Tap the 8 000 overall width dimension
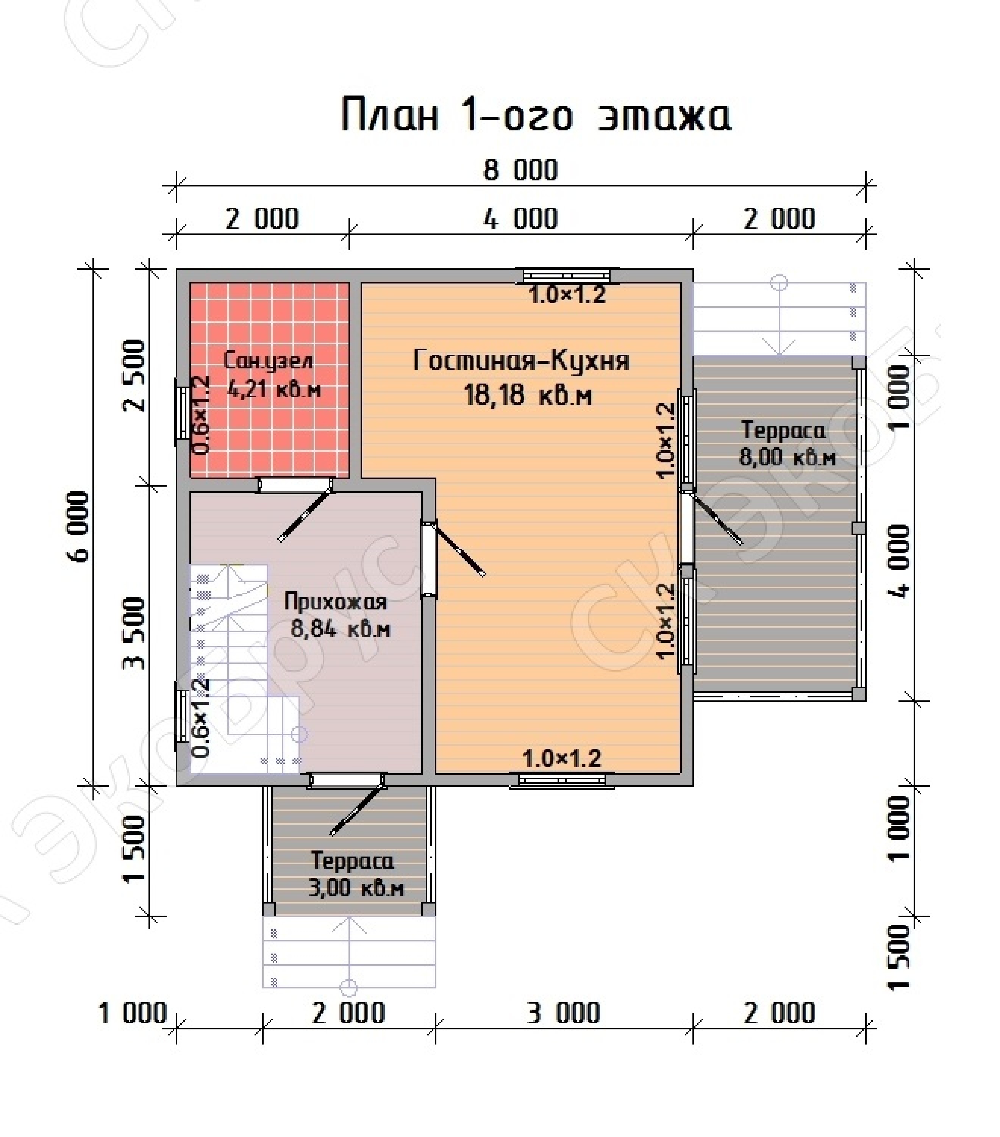pos(521,170)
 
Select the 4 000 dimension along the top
pos(521,219)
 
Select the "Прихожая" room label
pos(335,602)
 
